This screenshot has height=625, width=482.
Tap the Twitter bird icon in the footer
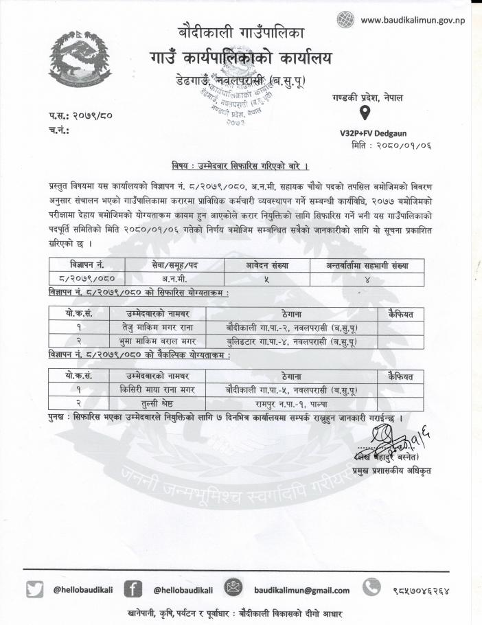34,589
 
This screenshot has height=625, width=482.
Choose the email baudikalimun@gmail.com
301,590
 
